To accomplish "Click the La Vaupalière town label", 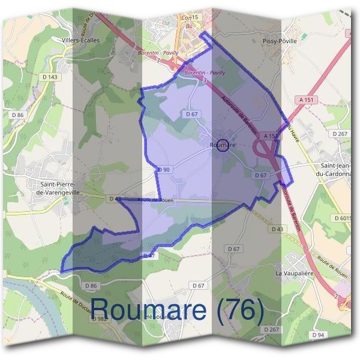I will (x=295, y=272).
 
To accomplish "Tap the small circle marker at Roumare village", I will (x=223, y=145).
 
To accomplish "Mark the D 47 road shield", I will (x=149, y=256).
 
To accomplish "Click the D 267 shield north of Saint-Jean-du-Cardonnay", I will (x=340, y=133).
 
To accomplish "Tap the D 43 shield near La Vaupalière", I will (x=277, y=229).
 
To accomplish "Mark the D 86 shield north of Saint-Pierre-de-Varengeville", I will (x=17, y=114).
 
